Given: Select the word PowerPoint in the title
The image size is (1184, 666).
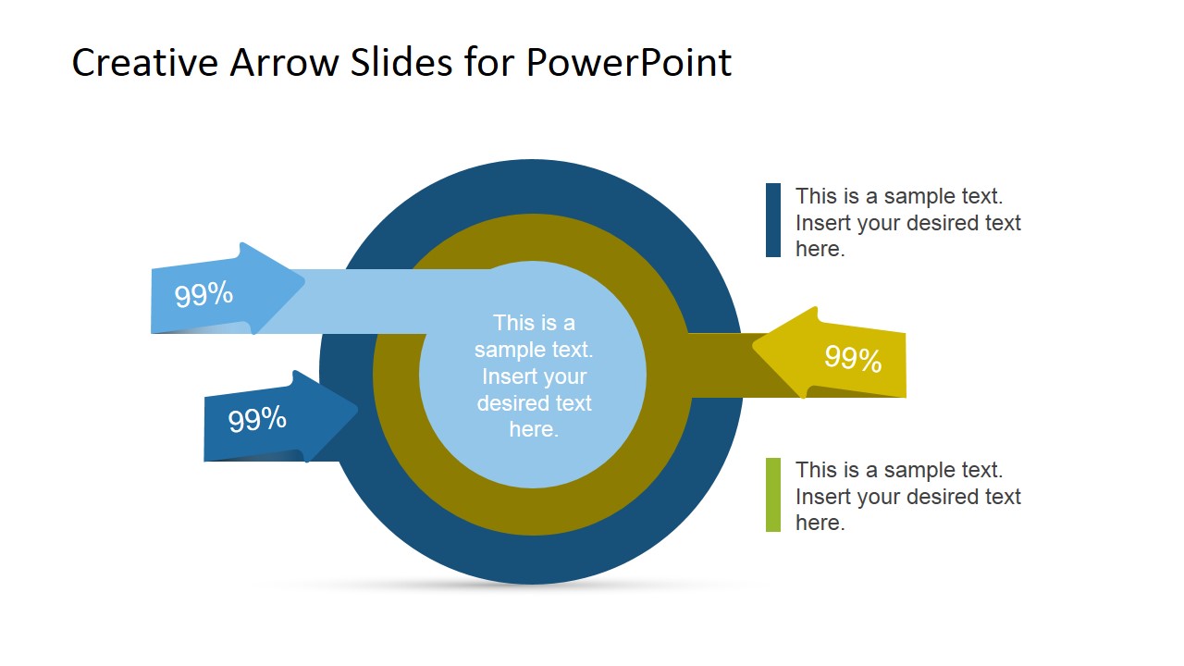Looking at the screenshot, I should (629, 63).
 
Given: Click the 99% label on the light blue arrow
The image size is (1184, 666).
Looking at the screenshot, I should (203, 295).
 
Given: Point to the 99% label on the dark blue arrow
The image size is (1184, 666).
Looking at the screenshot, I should (257, 420).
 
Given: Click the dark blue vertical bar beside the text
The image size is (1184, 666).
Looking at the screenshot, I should (773, 220).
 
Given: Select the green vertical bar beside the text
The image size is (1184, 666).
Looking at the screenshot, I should (773, 495).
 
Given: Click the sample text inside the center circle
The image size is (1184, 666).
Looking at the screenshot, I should (534, 376).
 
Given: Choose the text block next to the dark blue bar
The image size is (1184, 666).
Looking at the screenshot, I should (907, 222).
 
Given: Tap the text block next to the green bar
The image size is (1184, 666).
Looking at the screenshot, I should (907, 496).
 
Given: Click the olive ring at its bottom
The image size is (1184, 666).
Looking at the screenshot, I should (533, 512).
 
